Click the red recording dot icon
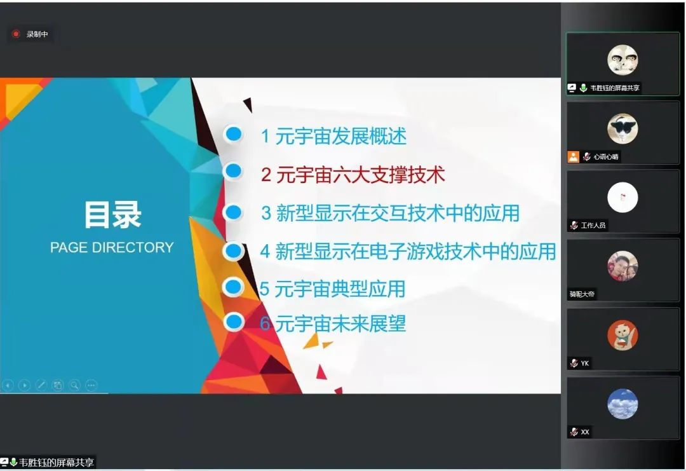[x=16, y=34]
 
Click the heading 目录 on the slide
[x=112, y=215]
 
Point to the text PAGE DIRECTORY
[x=112, y=247]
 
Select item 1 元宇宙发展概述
[x=333, y=135]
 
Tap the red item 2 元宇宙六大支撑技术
[x=353, y=174]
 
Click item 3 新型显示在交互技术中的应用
[x=390, y=213]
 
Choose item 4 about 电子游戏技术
[x=408, y=251]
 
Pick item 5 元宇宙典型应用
[x=332, y=289]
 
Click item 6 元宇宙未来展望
[x=333, y=324]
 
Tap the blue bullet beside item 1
[x=234, y=133]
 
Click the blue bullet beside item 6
[x=234, y=322]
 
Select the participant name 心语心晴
[x=606, y=156]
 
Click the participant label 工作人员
[x=593, y=225]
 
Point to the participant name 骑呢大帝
[x=582, y=294]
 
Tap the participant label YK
[x=585, y=363]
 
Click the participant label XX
[x=585, y=432]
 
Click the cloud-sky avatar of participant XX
[x=622, y=404]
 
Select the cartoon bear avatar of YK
[x=622, y=335]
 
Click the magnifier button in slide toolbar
[x=74, y=385]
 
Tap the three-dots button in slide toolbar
[x=91, y=385]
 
